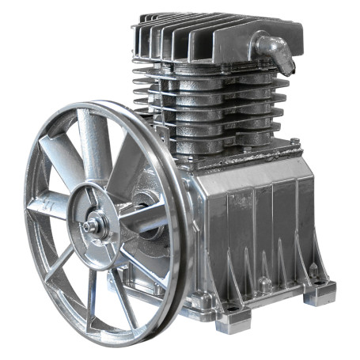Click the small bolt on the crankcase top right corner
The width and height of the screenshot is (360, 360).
pyautogui.click(x=294, y=142)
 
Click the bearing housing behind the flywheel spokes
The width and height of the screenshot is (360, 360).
pyautogui.click(x=146, y=198)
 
